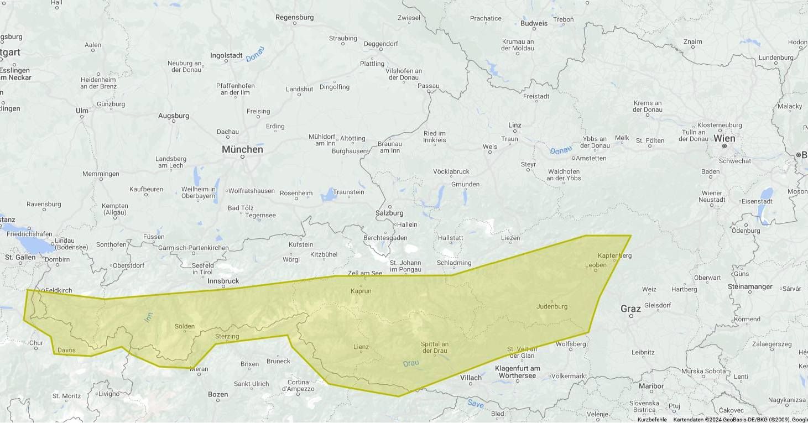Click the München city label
coord(242,150)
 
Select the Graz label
coord(630,309)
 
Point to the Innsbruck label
coord(223,281)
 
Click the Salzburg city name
coord(389,213)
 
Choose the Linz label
coord(515,126)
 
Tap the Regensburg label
coord(294,18)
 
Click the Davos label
coord(66,350)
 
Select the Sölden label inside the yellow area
coord(185,326)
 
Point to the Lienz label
coord(361,347)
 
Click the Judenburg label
coord(551,306)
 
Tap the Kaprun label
coord(361,291)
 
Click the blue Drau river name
coord(411,364)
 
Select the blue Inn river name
coord(148,317)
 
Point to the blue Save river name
coord(475,404)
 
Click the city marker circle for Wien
coord(724,146)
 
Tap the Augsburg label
coord(174,116)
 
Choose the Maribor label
coord(650,387)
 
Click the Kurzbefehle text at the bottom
coord(652,420)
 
